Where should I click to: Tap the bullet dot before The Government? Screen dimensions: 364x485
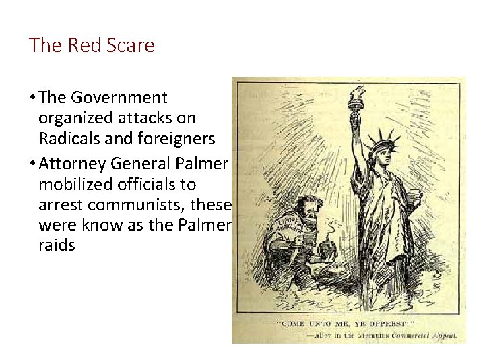coord(34,98)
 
